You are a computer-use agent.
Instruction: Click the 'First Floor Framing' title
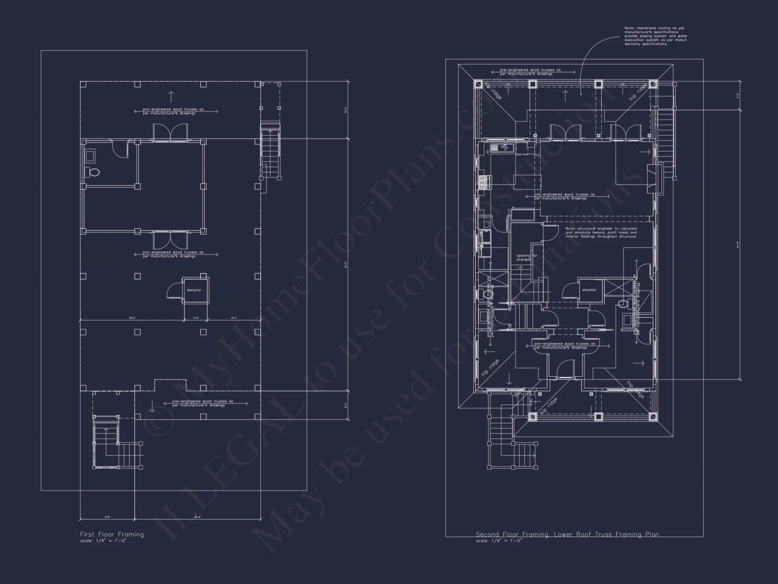[112, 534]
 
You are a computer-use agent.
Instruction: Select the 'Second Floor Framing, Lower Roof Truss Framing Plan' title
[567, 534]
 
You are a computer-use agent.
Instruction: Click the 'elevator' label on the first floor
[194, 290]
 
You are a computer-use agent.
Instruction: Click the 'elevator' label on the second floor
[589, 290]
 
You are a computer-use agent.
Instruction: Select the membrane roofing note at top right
[655, 36]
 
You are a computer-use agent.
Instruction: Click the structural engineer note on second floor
[601, 232]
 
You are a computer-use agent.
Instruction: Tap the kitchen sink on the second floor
[502, 147]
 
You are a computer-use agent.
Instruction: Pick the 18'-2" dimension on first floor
[132, 318]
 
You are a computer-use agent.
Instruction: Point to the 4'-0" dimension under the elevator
[196, 318]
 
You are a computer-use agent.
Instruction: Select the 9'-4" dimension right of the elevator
[234, 318]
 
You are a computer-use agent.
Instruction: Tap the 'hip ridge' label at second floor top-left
[493, 90]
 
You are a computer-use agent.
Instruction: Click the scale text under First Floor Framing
[103, 541]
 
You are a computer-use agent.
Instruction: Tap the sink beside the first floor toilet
[89, 156]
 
